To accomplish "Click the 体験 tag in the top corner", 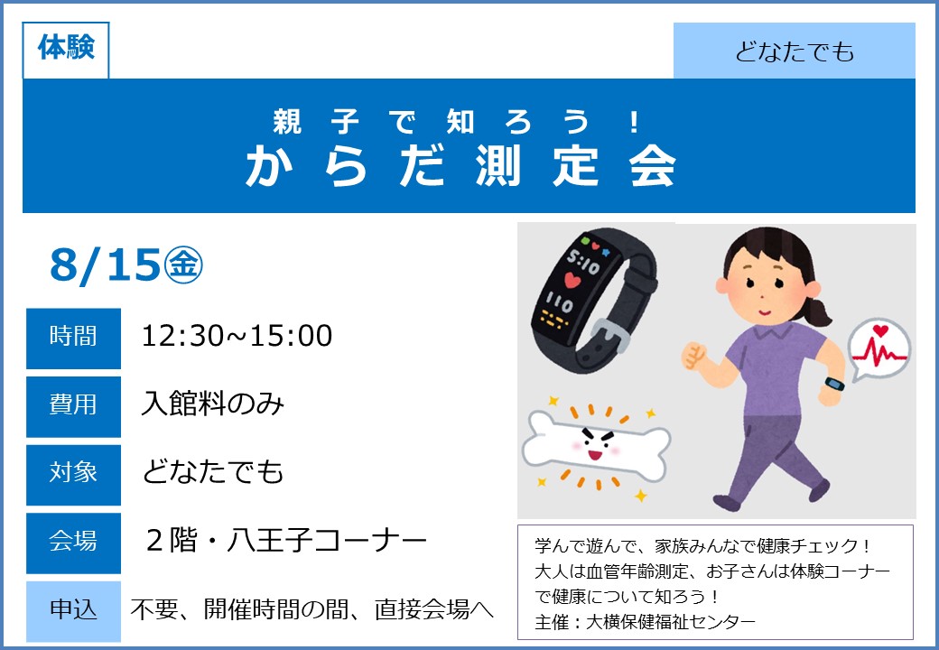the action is click(x=66, y=51).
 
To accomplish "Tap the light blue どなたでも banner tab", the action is click(x=794, y=51).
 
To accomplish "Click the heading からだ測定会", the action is click(x=461, y=166).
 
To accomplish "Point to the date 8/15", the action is click(x=106, y=265).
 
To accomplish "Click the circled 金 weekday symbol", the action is click(x=183, y=265).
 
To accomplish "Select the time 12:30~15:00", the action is click(x=237, y=336).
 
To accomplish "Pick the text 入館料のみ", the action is click(x=212, y=404).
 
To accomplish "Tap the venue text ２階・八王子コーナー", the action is click(x=286, y=541).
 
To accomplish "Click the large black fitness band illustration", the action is click(x=593, y=298).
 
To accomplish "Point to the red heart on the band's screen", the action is click(x=572, y=280).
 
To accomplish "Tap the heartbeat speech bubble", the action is click(x=879, y=351).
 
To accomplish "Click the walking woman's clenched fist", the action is click(x=693, y=356).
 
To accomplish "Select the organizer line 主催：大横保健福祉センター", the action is click(x=645, y=622).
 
